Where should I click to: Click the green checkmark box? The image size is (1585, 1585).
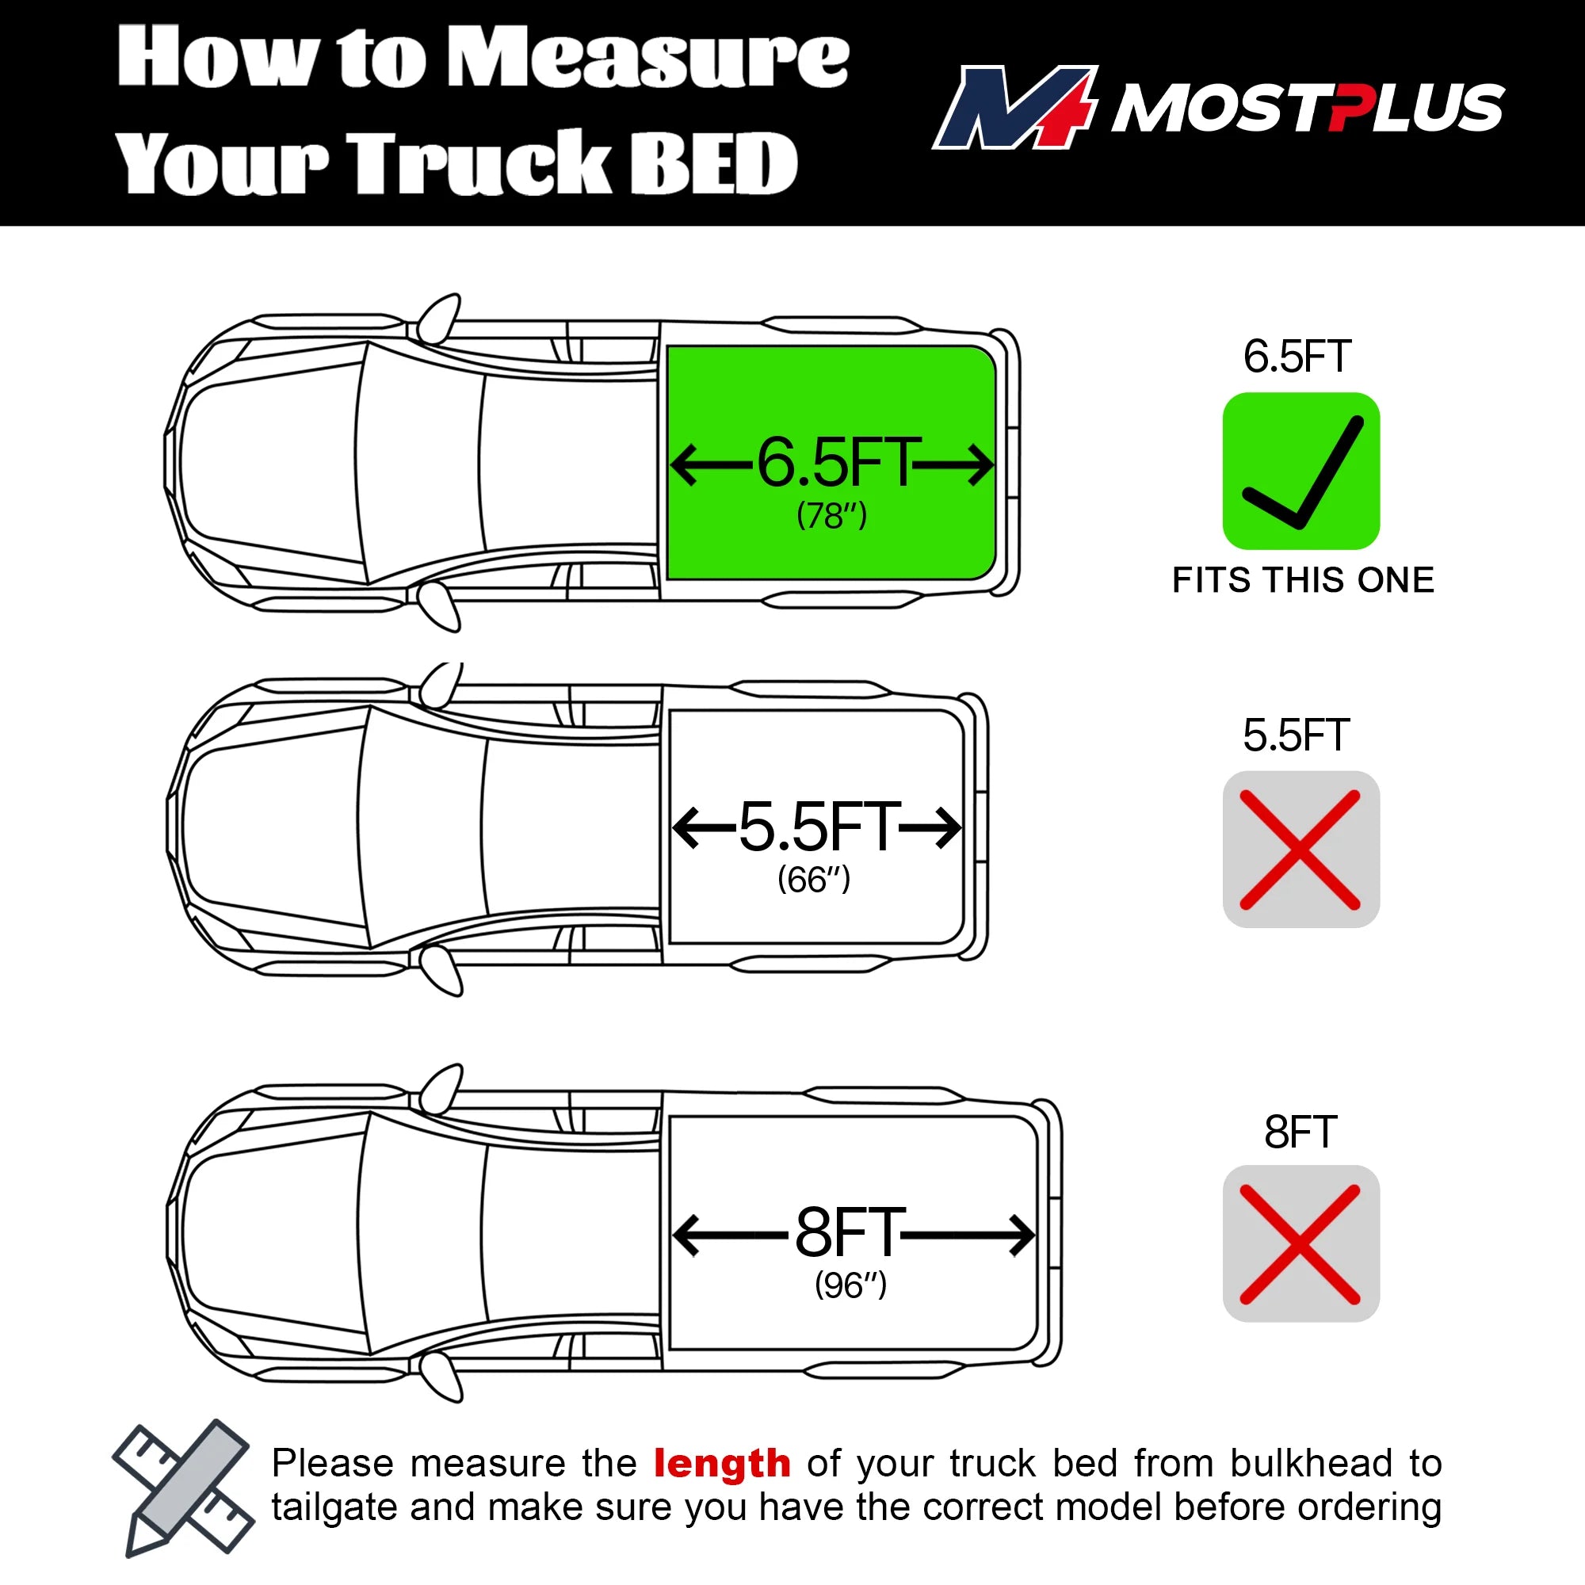point(1301,471)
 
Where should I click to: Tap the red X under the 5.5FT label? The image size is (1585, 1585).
point(1300,850)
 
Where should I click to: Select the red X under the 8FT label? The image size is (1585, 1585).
point(1300,1244)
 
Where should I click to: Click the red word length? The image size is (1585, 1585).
point(722,1464)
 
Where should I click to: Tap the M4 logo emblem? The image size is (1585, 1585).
point(1015,108)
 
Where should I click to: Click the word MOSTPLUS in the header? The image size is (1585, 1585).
point(1308,108)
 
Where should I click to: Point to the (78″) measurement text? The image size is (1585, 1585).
point(832,516)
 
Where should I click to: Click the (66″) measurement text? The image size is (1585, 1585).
point(814,880)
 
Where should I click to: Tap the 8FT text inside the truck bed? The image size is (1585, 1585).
point(850,1233)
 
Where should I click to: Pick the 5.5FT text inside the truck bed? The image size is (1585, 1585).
point(818,827)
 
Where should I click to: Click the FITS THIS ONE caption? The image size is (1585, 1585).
point(1304,580)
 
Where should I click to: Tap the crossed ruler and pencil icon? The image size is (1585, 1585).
point(183,1488)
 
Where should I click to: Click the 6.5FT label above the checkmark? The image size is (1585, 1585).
point(1297,357)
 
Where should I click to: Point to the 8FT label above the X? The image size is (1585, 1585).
point(1301,1132)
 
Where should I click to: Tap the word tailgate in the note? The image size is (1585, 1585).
point(334,1508)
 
